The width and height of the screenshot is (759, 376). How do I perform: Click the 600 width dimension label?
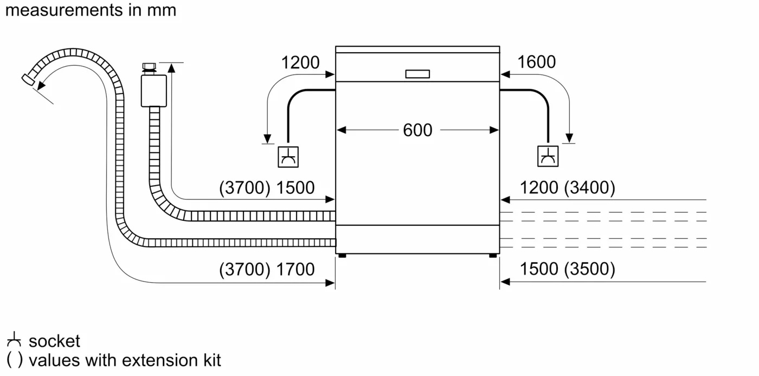(x=417, y=130)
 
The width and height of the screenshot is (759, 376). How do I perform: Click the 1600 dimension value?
(x=536, y=62)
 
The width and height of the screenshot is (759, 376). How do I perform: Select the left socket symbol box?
(x=287, y=157)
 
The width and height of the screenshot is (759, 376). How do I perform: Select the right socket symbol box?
(x=548, y=157)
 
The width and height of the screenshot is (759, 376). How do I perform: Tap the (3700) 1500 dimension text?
(x=267, y=188)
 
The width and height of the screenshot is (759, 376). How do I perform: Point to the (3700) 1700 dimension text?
(x=267, y=269)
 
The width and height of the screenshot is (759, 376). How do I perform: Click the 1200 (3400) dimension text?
(x=568, y=188)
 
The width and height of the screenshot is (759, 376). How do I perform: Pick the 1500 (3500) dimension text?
(x=568, y=269)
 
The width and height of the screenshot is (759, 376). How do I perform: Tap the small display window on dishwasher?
(x=417, y=74)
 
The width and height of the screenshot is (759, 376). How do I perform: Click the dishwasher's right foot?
(x=492, y=255)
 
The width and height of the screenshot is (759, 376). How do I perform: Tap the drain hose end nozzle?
(x=27, y=80)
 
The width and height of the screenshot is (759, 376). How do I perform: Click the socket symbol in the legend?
(x=14, y=341)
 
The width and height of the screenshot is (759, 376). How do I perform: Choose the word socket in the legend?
(x=54, y=341)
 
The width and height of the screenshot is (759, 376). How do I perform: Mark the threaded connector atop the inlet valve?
(x=149, y=68)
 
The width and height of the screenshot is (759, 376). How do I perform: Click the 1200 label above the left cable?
(x=300, y=62)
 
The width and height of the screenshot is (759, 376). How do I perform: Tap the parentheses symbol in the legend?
(x=14, y=360)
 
